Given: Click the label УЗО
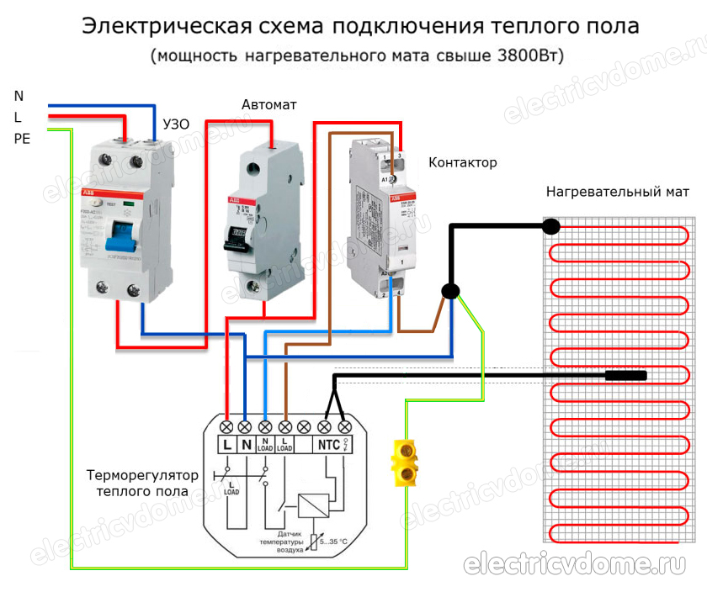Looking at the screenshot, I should click(x=174, y=124).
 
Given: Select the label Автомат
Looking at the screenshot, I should click(x=268, y=105).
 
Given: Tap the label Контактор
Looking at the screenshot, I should click(x=463, y=162).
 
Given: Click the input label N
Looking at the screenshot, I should click(x=19, y=96).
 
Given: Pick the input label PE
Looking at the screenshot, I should click(x=22, y=139).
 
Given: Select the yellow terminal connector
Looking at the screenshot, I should click(x=406, y=462).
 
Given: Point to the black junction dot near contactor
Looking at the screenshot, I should click(x=451, y=291).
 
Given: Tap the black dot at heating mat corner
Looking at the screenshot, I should click(x=551, y=225).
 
